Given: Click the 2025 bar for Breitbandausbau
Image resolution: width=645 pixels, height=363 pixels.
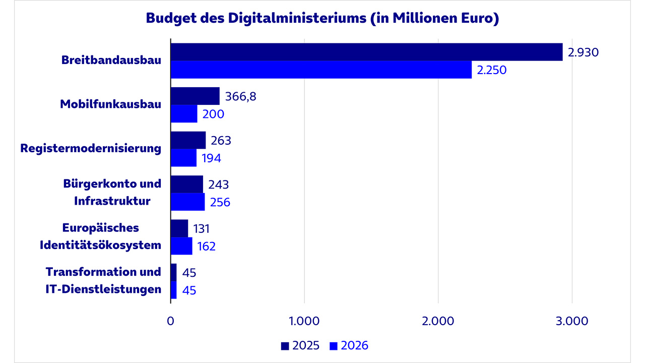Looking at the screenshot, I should tap(366, 52).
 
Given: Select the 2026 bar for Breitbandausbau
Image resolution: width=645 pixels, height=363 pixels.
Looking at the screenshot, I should tap(321, 70).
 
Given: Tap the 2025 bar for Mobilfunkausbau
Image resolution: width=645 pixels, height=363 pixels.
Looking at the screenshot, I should tap(195, 96).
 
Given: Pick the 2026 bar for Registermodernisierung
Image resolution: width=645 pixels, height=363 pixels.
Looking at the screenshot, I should tap(183, 158).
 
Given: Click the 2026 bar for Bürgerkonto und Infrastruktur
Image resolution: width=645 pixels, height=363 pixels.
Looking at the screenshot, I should tap(187, 202).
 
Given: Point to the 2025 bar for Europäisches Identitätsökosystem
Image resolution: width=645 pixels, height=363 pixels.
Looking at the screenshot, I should tap(179, 228).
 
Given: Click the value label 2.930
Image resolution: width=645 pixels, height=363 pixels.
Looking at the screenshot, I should tap(583, 52).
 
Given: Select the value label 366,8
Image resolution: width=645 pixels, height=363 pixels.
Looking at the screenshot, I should tap(241, 96).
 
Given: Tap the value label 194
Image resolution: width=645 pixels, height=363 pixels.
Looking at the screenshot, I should tap(212, 158).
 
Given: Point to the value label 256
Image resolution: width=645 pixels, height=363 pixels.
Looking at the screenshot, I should tap(220, 202).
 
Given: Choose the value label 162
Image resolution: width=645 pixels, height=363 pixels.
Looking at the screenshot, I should tap(207, 246).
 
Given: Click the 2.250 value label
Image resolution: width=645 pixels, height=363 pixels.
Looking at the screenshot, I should tap(491, 70).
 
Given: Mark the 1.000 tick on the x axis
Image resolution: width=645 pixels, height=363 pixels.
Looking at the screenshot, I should tap(304, 321).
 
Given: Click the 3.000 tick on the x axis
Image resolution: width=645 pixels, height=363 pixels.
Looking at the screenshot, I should tap(571, 321).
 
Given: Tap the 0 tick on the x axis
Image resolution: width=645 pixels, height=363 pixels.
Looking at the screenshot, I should tap(170, 321).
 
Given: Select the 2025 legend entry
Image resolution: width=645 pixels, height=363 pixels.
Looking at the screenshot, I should tap(300, 346).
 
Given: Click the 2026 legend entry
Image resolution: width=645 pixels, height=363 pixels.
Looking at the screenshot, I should tap(349, 346).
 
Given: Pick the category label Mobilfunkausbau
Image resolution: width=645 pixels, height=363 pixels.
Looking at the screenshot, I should tap(111, 104).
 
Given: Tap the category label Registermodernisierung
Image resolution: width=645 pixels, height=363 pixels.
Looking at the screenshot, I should tap(91, 149).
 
